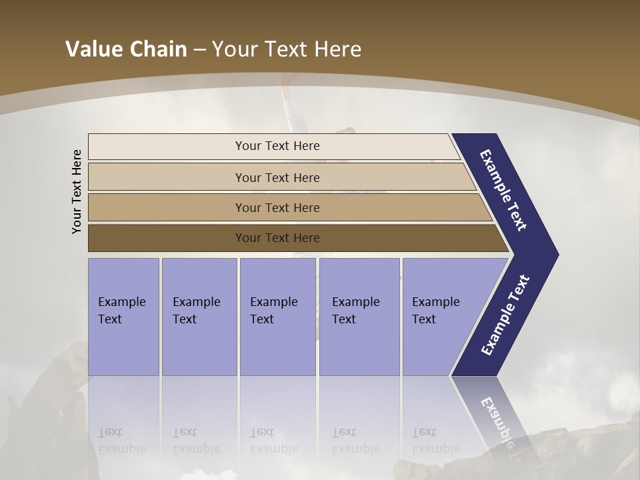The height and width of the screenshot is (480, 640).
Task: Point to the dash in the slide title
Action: point(199,50)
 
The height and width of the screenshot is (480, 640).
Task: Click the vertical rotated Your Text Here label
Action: point(77,191)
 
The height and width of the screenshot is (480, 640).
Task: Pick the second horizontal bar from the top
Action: point(277,177)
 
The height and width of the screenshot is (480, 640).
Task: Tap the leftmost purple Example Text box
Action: point(123,316)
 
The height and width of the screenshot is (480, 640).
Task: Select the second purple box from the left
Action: point(199,316)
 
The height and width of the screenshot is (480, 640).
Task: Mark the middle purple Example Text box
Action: point(277,316)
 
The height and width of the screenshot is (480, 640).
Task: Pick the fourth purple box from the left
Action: point(359,316)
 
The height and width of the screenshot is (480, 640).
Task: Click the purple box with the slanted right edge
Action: point(440,316)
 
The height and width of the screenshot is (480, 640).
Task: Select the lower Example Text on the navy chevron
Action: point(505,315)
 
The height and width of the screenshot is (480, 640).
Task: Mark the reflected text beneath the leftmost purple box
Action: point(121,441)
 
